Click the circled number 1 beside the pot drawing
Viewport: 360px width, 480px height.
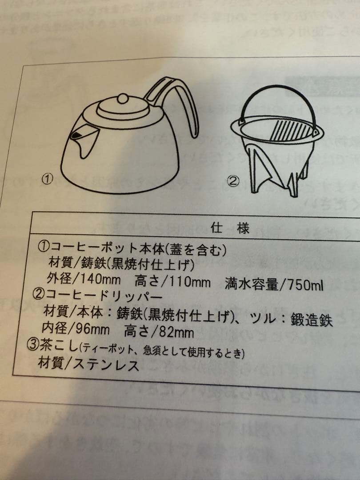48,179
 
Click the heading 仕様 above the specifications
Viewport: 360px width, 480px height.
230,228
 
